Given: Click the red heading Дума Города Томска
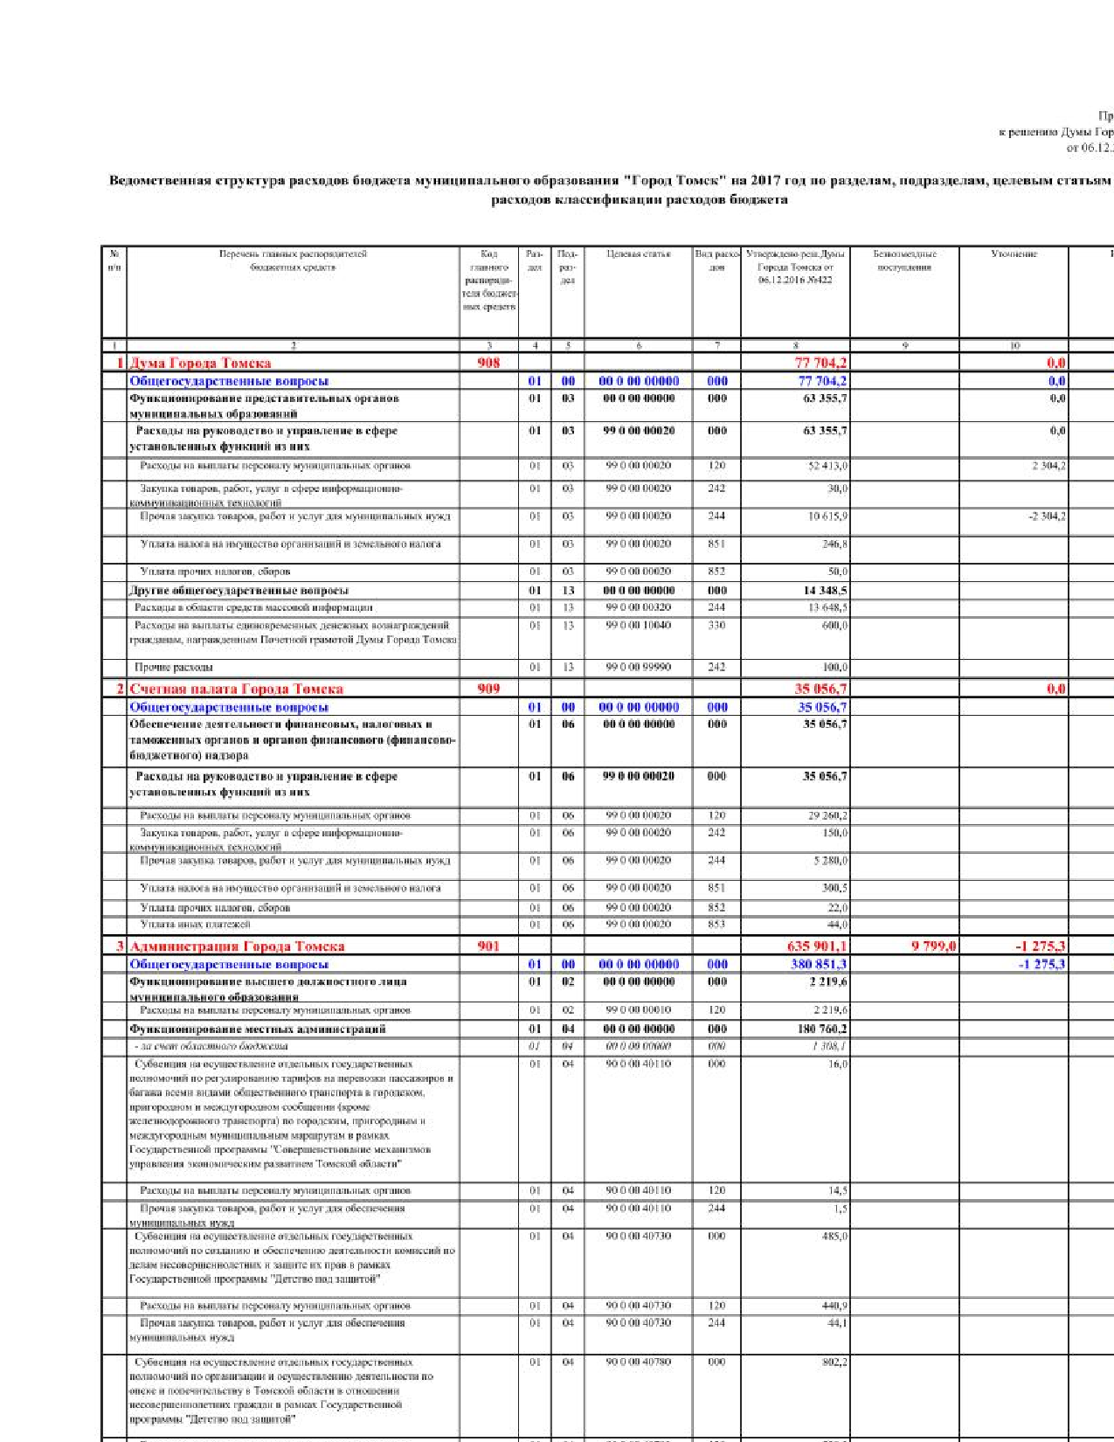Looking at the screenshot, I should pos(200,363).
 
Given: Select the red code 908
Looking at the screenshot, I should pos(488,363).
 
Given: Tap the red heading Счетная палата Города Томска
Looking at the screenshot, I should pos(236,689).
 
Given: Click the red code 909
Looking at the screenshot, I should pos(488,689).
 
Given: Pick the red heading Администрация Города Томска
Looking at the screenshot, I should pos(237,946).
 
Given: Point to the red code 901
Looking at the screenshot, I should pos(488,946).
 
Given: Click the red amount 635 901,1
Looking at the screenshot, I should pos(816,946).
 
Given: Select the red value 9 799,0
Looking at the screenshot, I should pos(933,946).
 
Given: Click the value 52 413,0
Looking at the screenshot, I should pos(827,466).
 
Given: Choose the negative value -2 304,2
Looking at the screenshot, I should pos(1047,516).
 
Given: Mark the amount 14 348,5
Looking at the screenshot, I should pos(825,591).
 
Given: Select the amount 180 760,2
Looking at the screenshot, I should pos(821,1029).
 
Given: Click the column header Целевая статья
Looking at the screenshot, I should pos(638,254).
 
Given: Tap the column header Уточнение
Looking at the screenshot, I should pos(1014,254).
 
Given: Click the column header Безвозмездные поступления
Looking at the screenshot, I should pos(904,260).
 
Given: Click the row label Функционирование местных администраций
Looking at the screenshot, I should pos(257,1029).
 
